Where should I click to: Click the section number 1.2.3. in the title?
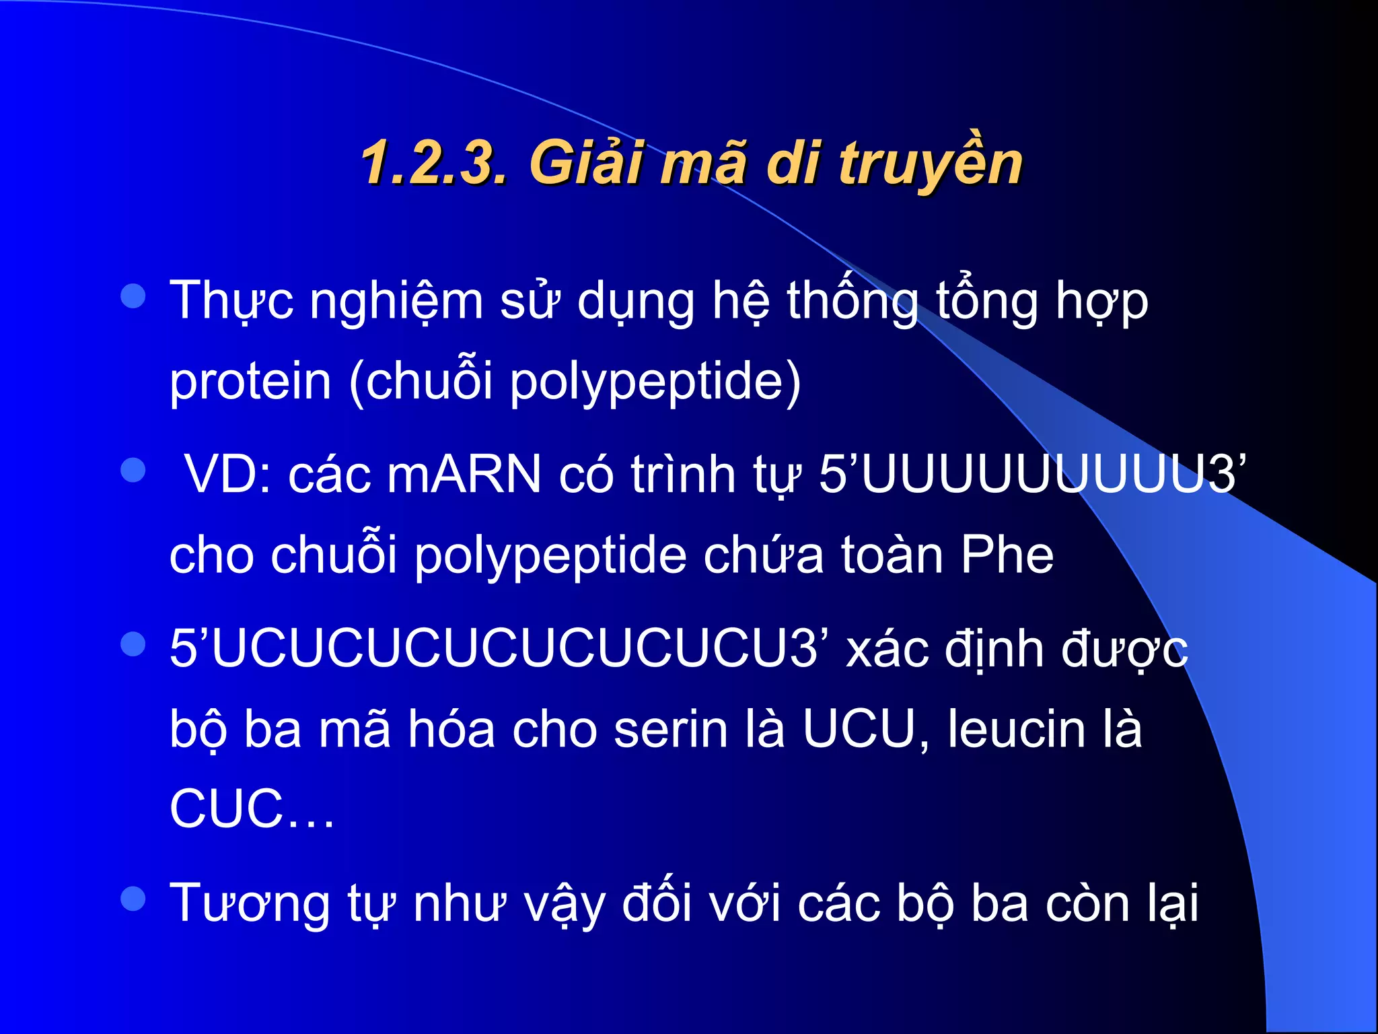(433, 163)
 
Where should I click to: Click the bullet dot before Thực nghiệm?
(133, 296)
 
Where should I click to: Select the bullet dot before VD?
(133, 471)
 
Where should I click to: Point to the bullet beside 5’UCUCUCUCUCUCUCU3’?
(133, 644)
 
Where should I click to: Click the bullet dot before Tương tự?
(133, 899)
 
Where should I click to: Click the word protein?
(250, 382)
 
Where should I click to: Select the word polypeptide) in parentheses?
(655, 382)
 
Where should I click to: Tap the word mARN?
(464, 475)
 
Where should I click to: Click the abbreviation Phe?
(1007, 555)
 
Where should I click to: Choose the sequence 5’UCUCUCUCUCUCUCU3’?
(499, 649)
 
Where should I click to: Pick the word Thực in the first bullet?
(231, 301)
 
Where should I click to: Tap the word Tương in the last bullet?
(249, 903)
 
